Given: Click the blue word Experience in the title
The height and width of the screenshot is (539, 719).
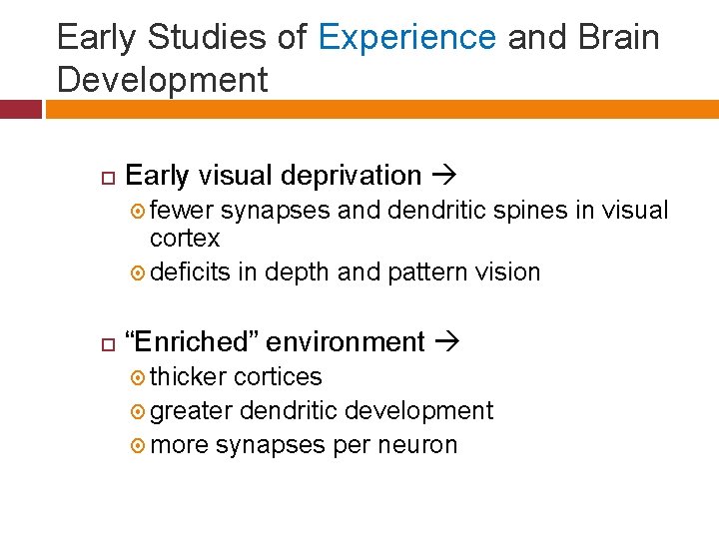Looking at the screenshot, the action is (x=407, y=38).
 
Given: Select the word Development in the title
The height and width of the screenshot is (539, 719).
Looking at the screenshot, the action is (x=163, y=80).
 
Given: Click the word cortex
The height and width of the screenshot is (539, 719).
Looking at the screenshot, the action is (x=185, y=240).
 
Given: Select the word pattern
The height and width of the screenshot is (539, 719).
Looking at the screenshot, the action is (x=423, y=272).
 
